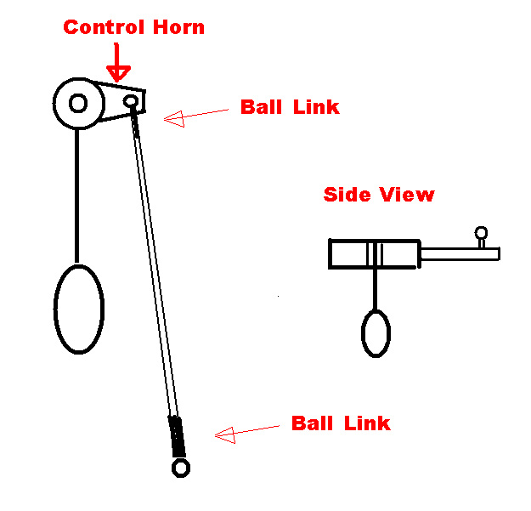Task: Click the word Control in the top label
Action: click(104, 27)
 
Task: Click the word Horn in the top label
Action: click(178, 27)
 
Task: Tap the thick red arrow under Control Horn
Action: click(117, 63)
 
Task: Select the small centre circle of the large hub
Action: click(78, 103)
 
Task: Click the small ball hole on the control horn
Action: click(131, 101)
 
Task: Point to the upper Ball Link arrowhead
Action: click(174, 119)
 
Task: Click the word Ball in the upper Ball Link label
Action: click(261, 107)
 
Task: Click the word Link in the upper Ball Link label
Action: click(316, 107)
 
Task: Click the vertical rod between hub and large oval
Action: click(77, 196)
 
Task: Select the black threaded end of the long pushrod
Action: click(177, 436)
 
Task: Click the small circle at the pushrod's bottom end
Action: click(181, 468)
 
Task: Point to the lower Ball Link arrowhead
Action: click(225, 435)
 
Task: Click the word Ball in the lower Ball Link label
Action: click(313, 423)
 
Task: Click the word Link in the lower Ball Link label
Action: click(367, 423)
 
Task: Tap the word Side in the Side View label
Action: click(347, 195)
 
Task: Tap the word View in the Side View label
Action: click(407, 195)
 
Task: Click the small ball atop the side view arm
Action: click(481, 232)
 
